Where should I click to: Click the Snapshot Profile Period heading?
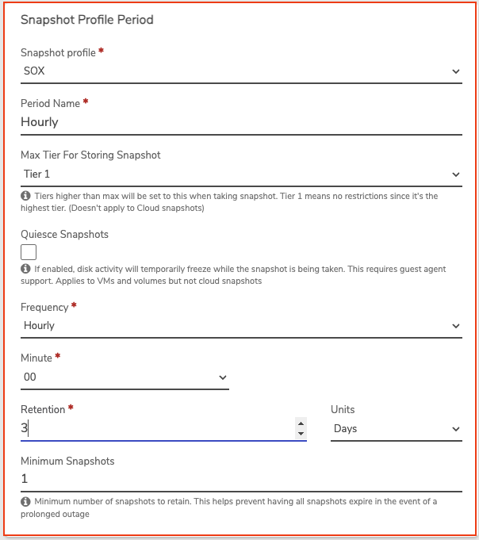[x=86, y=20]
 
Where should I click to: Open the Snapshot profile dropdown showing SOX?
[x=241, y=71]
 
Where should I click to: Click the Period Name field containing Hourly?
[x=241, y=122]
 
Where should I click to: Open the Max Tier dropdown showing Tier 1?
[x=241, y=174]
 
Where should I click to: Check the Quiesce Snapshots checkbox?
[x=29, y=252]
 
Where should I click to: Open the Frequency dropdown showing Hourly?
[x=241, y=325]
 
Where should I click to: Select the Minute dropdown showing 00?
[x=125, y=377]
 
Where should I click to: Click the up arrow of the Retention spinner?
[x=301, y=423]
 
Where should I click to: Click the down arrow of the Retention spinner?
[x=301, y=434]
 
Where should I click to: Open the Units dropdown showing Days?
[x=396, y=429]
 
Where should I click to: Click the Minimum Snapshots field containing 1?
[x=241, y=479]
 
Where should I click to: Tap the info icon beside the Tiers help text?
[x=25, y=195]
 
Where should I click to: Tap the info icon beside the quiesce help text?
[x=25, y=270]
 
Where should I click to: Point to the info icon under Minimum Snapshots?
[x=25, y=502]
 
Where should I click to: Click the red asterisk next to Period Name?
[x=86, y=102]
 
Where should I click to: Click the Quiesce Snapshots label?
[x=64, y=235]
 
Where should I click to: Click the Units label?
[x=343, y=410]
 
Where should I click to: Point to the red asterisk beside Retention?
[x=71, y=408]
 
